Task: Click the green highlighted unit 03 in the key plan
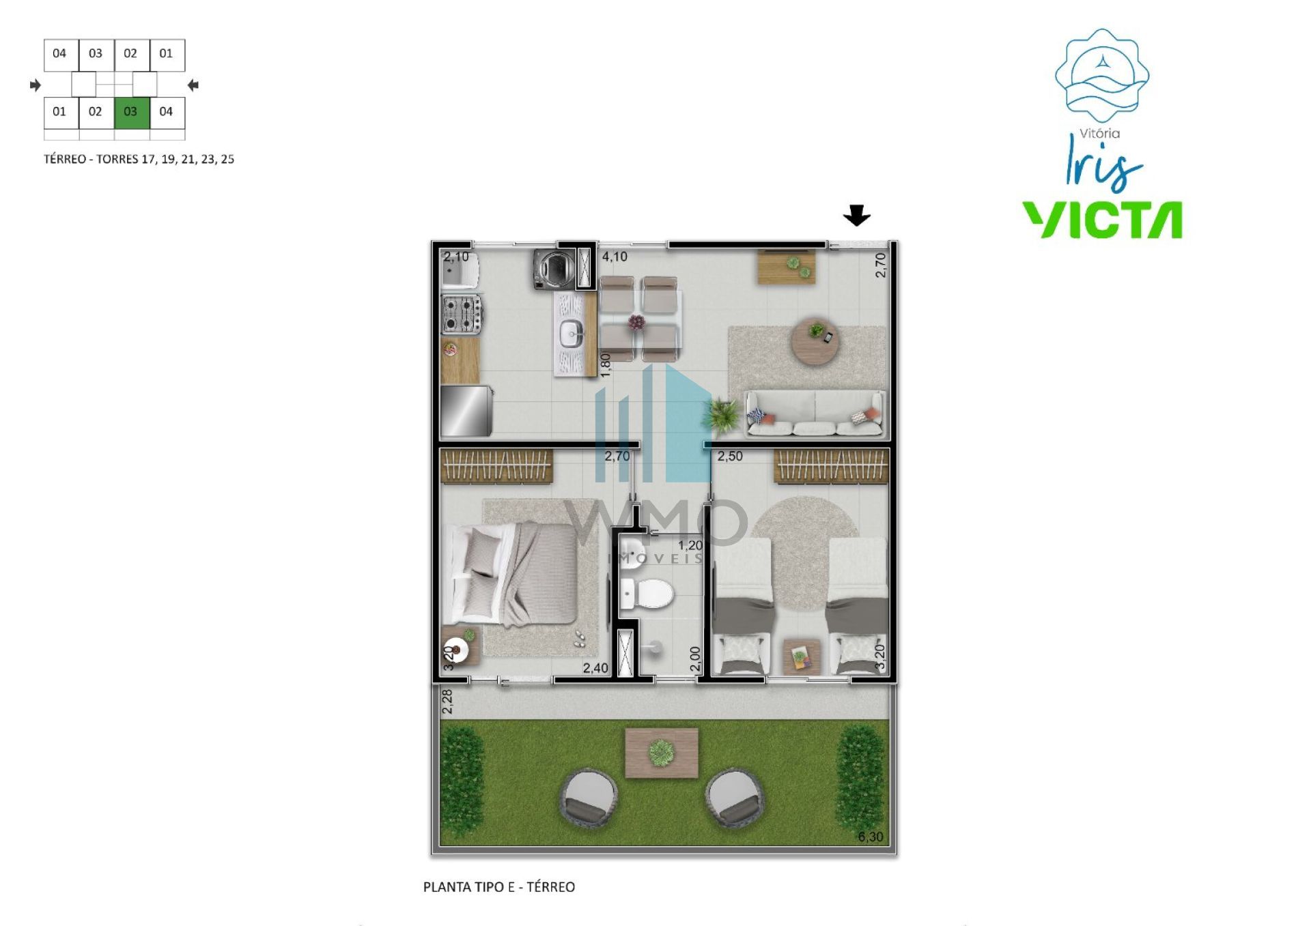click(x=132, y=113)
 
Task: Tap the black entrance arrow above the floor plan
click(x=856, y=216)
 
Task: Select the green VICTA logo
click(x=1102, y=220)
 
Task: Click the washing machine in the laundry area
click(x=554, y=270)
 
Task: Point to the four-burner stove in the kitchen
click(x=462, y=315)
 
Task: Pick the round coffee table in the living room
click(x=815, y=342)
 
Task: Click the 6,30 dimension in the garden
click(x=870, y=837)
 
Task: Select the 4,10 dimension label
click(x=615, y=257)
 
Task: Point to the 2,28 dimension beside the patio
click(x=447, y=701)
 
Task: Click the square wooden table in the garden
click(x=662, y=753)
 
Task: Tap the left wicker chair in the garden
click(x=589, y=798)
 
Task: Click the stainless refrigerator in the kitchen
click(x=466, y=411)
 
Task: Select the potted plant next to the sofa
click(x=723, y=413)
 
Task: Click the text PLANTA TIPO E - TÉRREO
click(x=499, y=887)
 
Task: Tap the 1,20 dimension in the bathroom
click(x=690, y=545)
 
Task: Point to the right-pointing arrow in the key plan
click(x=36, y=85)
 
